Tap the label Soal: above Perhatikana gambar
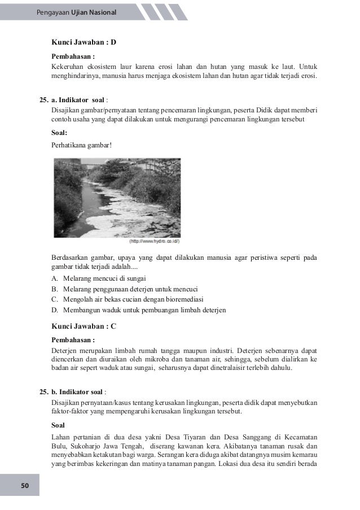coord(59,133)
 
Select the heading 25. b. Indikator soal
coord(73,391)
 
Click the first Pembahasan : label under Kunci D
coord(73,57)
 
